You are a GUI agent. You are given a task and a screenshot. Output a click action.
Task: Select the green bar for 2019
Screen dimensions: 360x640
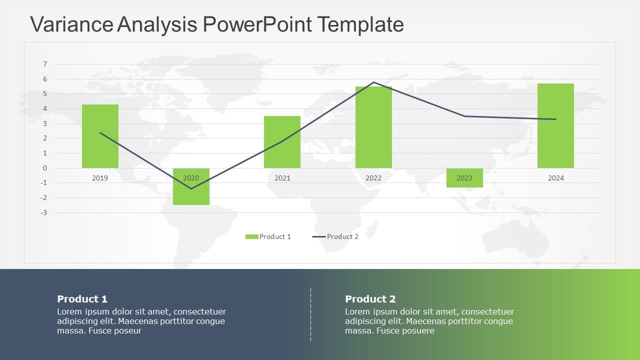[x=100, y=136]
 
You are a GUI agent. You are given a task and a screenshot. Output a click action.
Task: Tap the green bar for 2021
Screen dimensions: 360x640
[x=282, y=142]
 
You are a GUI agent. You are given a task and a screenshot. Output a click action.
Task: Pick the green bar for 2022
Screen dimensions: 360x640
[x=373, y=127]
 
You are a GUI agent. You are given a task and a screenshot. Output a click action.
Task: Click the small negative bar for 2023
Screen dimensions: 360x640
[x=464, y=181]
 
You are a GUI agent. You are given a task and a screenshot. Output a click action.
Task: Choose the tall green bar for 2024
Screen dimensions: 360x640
[x=555, y=125]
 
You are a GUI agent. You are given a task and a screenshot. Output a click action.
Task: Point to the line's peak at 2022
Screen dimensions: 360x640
[x=373, y=82]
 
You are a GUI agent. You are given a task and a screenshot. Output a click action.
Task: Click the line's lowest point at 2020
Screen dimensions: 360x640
[x=191, y=188]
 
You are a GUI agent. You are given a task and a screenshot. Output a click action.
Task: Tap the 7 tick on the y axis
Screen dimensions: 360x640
[x=45, y=64]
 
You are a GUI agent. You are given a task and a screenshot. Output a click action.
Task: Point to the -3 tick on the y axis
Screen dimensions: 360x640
[x=44, y=212]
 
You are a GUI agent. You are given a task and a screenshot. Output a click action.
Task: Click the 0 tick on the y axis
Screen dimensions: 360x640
[x=45, y=168]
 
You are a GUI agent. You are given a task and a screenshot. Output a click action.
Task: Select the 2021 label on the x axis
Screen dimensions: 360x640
[x=282, y=178]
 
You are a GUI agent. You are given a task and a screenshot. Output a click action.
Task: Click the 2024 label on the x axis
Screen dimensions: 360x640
[x=555, y=178]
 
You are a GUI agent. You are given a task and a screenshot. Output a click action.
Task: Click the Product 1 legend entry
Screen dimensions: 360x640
[x=268, y=236]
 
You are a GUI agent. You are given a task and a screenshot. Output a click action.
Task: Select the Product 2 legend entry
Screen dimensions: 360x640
[x=336, y=236]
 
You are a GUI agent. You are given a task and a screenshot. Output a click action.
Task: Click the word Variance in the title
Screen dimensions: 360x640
[x=71, y=24]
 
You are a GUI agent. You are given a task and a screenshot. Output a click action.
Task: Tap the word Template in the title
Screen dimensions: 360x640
[x=360, y=24]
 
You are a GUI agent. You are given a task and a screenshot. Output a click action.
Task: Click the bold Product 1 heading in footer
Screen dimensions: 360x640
[x=82, y=299]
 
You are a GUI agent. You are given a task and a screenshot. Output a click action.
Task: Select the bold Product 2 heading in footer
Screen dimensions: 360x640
[x=370, y=299]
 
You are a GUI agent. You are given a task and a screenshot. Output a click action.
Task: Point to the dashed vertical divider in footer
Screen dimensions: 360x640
[x=310, y=314]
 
